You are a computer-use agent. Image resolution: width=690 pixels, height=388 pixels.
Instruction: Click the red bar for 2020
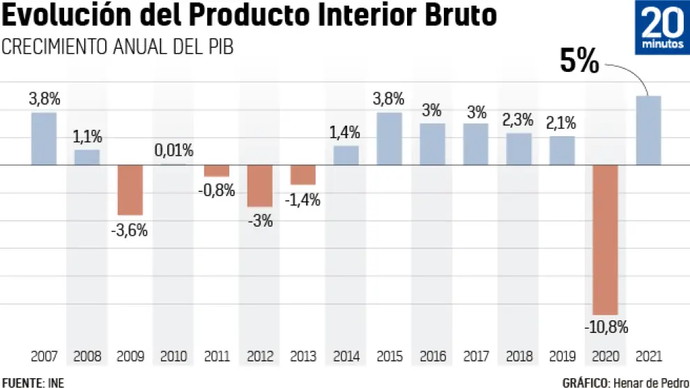[605, 240]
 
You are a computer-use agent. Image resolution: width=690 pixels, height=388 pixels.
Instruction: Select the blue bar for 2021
[648, 130]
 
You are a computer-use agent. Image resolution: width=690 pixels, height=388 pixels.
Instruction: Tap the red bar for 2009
[130, 190]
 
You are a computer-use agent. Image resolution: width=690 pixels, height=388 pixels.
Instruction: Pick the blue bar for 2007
[44, 139]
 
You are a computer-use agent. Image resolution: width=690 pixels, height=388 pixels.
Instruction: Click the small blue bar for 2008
[87, 158]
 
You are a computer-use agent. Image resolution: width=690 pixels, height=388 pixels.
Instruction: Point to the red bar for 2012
[260, 186]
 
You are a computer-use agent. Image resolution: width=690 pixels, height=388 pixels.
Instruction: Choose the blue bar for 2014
[346, 156]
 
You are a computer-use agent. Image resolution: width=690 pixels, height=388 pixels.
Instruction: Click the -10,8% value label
[605, 327]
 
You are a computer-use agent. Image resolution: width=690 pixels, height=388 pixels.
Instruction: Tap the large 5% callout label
[580, 63]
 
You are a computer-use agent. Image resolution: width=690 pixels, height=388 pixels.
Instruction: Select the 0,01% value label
[174, 151]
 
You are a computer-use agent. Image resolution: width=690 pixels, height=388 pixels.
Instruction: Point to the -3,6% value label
[130, 230]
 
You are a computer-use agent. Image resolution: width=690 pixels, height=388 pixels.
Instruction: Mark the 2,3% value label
[519, 119]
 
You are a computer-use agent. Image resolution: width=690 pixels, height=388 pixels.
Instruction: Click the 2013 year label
[303, 357]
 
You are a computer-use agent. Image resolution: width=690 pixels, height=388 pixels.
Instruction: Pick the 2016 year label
[432, 357]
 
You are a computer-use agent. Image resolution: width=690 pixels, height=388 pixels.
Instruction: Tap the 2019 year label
[562, 357]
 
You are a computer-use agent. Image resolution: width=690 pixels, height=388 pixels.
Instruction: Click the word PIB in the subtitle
[217, 47]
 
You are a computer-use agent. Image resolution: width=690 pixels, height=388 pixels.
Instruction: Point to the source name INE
[55, 382]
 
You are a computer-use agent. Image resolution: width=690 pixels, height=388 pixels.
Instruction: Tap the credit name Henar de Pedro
[651, 382]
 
